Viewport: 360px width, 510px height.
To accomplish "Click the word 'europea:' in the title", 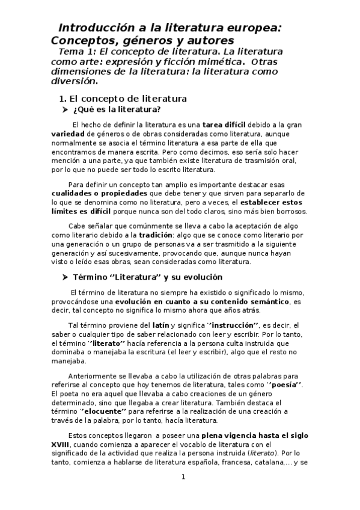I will (243, 28).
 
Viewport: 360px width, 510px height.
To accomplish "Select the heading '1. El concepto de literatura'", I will (122, 98).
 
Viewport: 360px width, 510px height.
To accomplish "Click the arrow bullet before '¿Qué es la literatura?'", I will (66, 109).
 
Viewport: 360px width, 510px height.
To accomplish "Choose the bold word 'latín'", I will (161, 325).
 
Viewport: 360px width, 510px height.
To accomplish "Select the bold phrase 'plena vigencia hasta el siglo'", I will (255, 434).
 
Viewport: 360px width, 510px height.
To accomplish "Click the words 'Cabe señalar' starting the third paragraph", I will (89, 225).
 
